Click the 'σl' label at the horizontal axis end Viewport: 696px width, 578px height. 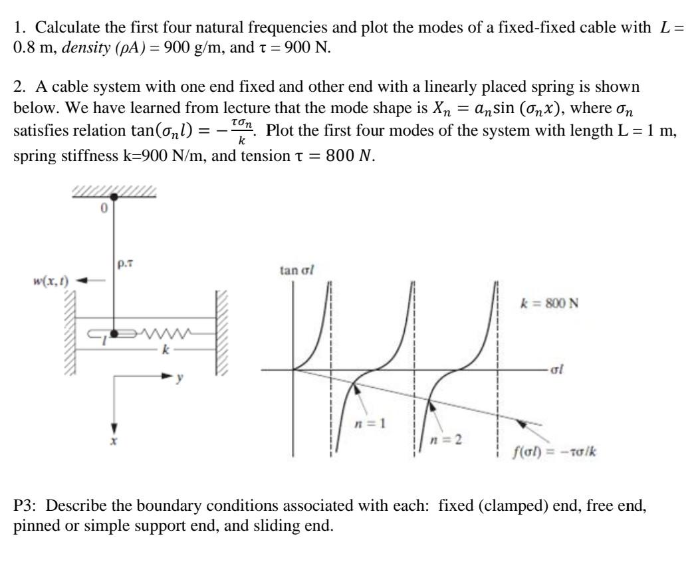pos(556,370)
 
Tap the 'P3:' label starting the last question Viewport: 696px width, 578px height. pos(25,504)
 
